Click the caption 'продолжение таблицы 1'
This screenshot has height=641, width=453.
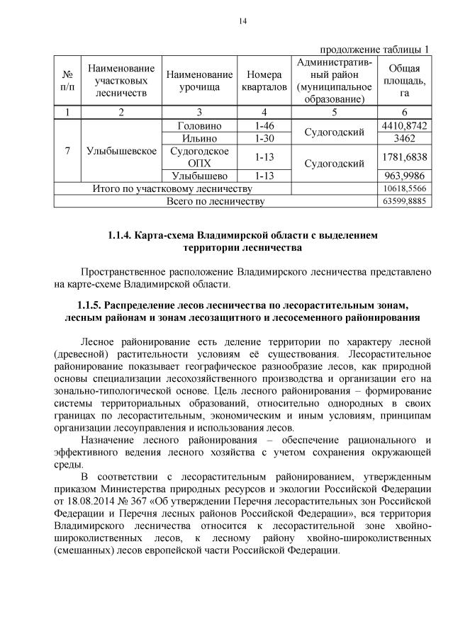coord(375,50)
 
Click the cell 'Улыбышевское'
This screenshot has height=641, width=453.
coord(121,151)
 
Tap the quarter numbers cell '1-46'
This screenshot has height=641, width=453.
coord(264,125)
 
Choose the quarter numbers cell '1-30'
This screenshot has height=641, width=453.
coord(264,138)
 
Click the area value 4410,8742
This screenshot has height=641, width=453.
coord(404,125)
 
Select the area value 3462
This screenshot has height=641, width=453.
coord(404,138)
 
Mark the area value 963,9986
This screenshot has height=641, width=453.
coord(404,176)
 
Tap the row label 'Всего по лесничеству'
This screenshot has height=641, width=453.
coord(215,202)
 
